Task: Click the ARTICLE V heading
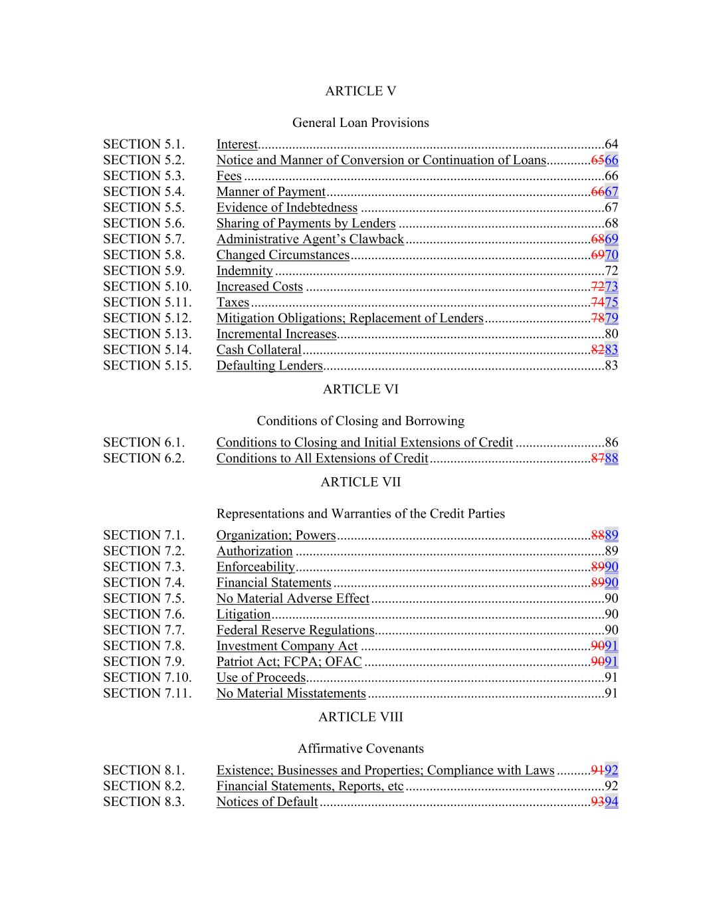click(x=360, y=91)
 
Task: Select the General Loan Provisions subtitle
click(x=360, y=123)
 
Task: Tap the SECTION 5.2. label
click(x=144, y=160)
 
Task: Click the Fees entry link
click(x=229, y=176)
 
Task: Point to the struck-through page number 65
click(x=597, y=160)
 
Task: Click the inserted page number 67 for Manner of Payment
click(x=612, y=192)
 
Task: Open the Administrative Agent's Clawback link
click(x=310, y=239)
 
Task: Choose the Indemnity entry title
click(x=244, y=271)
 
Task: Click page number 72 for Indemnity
click(x=611, y=271)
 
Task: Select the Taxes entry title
click(x=233, y=302)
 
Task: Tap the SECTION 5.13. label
click(x=147, y=334)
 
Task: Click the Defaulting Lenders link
click(x=269, y=365)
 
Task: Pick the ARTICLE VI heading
click(x=360, y=389)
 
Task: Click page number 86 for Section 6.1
click(x=611, y=443)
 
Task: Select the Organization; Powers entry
click(x=276, y=536)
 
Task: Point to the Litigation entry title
click(x=243, y=615)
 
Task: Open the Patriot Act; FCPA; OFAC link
click(x=288, y=662)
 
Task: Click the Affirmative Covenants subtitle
click(x=360, y=749)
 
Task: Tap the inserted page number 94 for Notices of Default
click(x=612, y=802)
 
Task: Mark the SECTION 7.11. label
click(x=147, y=694)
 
